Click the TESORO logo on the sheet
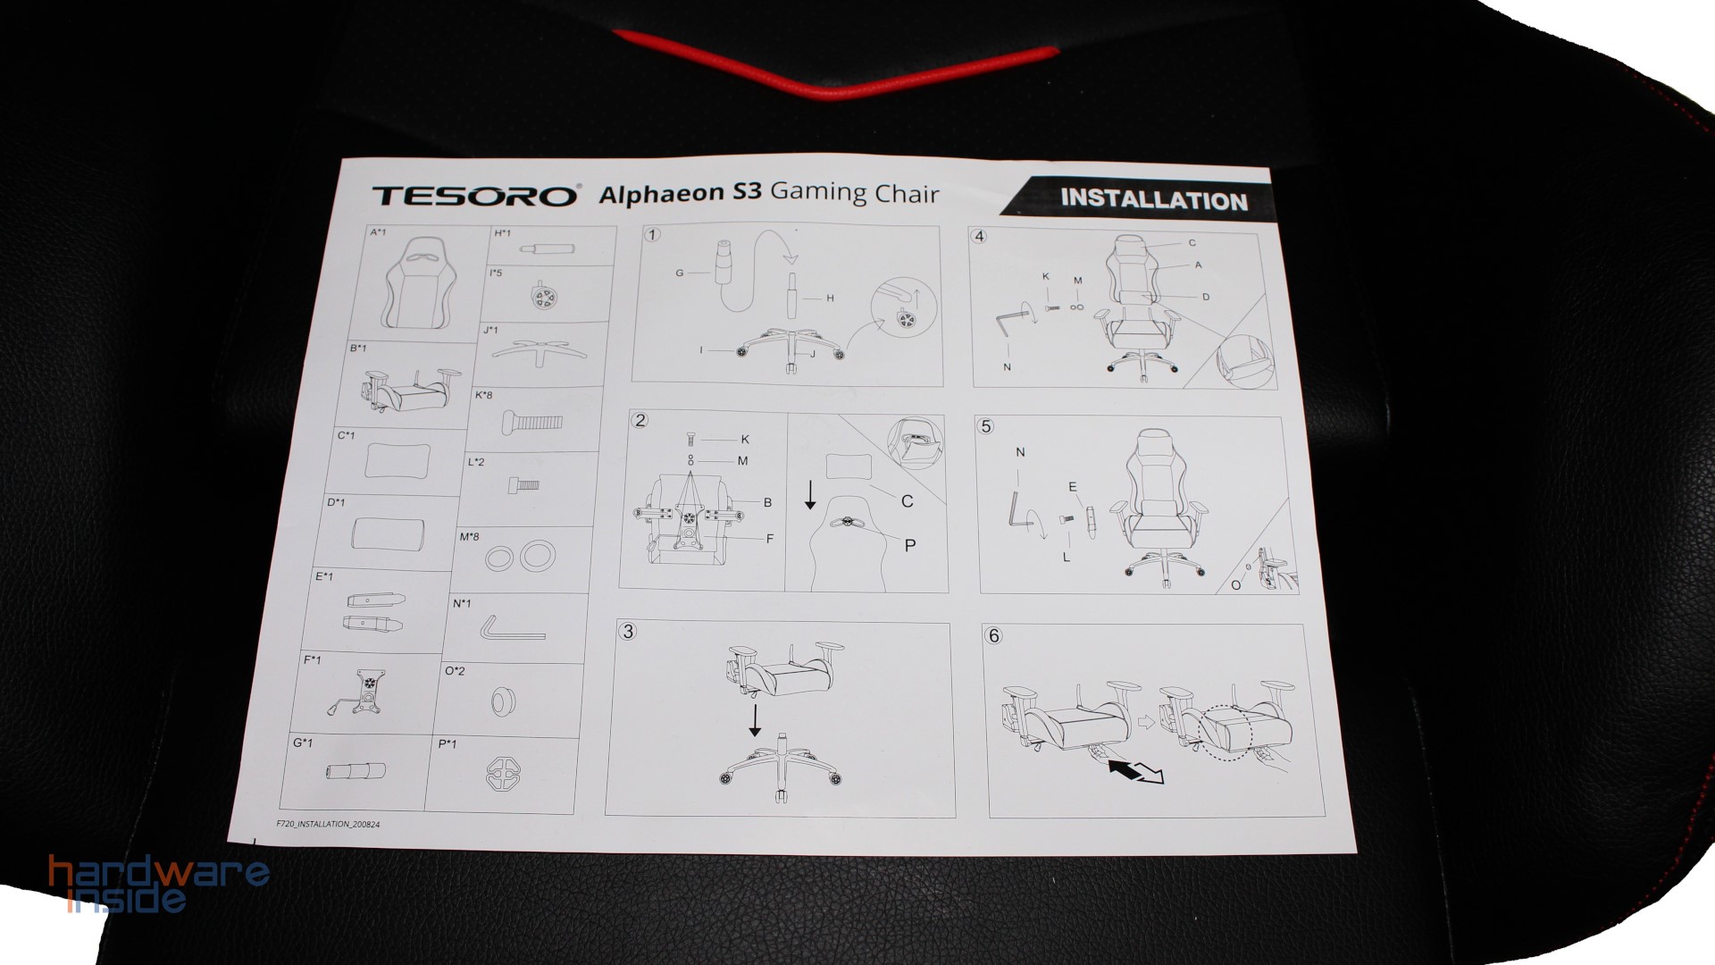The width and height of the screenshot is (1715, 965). point(474,196)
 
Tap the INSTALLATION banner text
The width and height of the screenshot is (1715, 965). point(1153,199)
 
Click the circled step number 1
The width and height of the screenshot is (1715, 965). point(653,235)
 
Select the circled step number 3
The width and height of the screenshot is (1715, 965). point(628,632)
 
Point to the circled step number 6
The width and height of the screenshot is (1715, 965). point(993,635)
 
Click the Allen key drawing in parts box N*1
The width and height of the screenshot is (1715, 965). point(512,630)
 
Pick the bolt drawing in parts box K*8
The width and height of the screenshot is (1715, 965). point(532,420)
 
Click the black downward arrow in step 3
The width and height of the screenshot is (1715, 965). point(755,719)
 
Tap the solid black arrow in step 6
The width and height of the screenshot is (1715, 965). point(1125,767)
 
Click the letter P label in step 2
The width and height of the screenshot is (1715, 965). point(909,545)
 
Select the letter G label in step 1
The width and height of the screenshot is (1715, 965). point(679,273)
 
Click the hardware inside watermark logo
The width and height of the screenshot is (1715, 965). point(159,883)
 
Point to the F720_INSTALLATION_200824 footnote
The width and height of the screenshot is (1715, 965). point(329,824)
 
